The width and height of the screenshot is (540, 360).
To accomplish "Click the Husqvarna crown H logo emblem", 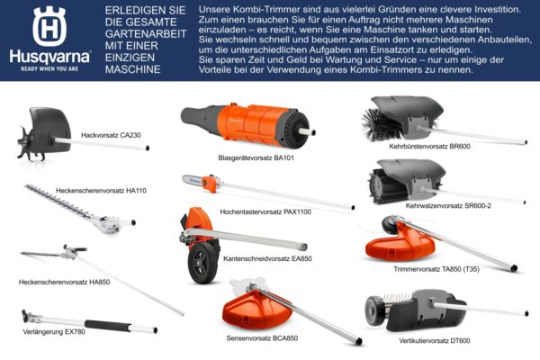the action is pos(49,26).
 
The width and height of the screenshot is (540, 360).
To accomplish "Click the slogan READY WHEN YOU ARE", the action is pos(49,69).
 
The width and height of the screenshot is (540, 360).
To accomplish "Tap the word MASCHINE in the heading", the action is pos(133,69).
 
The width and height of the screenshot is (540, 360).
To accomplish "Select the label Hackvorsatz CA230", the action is pos(111,135).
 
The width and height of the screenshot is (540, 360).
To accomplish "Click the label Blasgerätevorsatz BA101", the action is pos(256,158).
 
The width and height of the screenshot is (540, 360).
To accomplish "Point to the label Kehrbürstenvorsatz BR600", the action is pos(429,147).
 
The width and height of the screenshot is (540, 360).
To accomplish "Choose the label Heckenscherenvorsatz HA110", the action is pos(101,191).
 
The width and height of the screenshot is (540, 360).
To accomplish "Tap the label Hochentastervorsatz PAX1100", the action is pos(265,211).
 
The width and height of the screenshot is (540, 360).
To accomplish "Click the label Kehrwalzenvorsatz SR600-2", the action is pos(448,206).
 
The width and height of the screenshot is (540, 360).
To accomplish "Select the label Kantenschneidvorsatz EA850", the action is pos(267,258).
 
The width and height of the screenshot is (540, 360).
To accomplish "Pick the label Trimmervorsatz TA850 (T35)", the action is pos(436,269).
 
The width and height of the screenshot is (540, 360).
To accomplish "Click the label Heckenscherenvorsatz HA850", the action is pos(65,282).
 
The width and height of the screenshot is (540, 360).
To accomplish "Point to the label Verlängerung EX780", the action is pos(54,332).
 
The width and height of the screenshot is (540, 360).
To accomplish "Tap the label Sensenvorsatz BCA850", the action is pos(262,338).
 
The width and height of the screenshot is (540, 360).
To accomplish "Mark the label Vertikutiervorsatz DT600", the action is pos(435,341).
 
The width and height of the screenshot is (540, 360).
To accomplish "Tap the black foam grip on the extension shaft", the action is pos(107,325).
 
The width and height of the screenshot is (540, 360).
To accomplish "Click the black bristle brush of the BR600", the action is pos(379,125).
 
